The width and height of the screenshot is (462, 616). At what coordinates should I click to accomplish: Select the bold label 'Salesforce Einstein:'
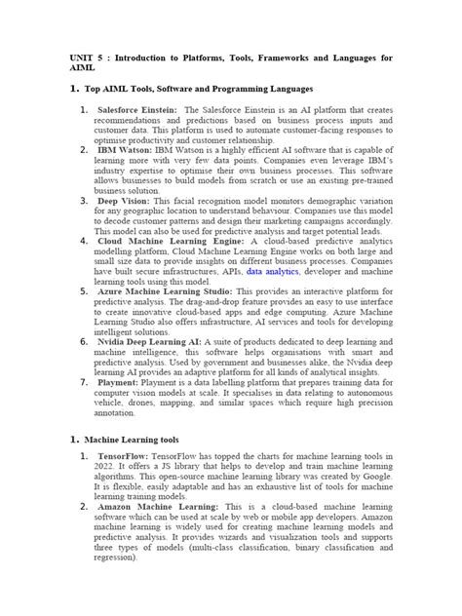pos(135,110)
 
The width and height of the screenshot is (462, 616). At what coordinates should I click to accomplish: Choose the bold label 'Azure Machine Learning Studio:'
pos(165,290)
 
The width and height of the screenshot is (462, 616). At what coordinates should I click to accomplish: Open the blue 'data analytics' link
pos(276,271)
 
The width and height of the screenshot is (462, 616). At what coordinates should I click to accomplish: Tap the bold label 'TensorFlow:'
pos(124,456)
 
